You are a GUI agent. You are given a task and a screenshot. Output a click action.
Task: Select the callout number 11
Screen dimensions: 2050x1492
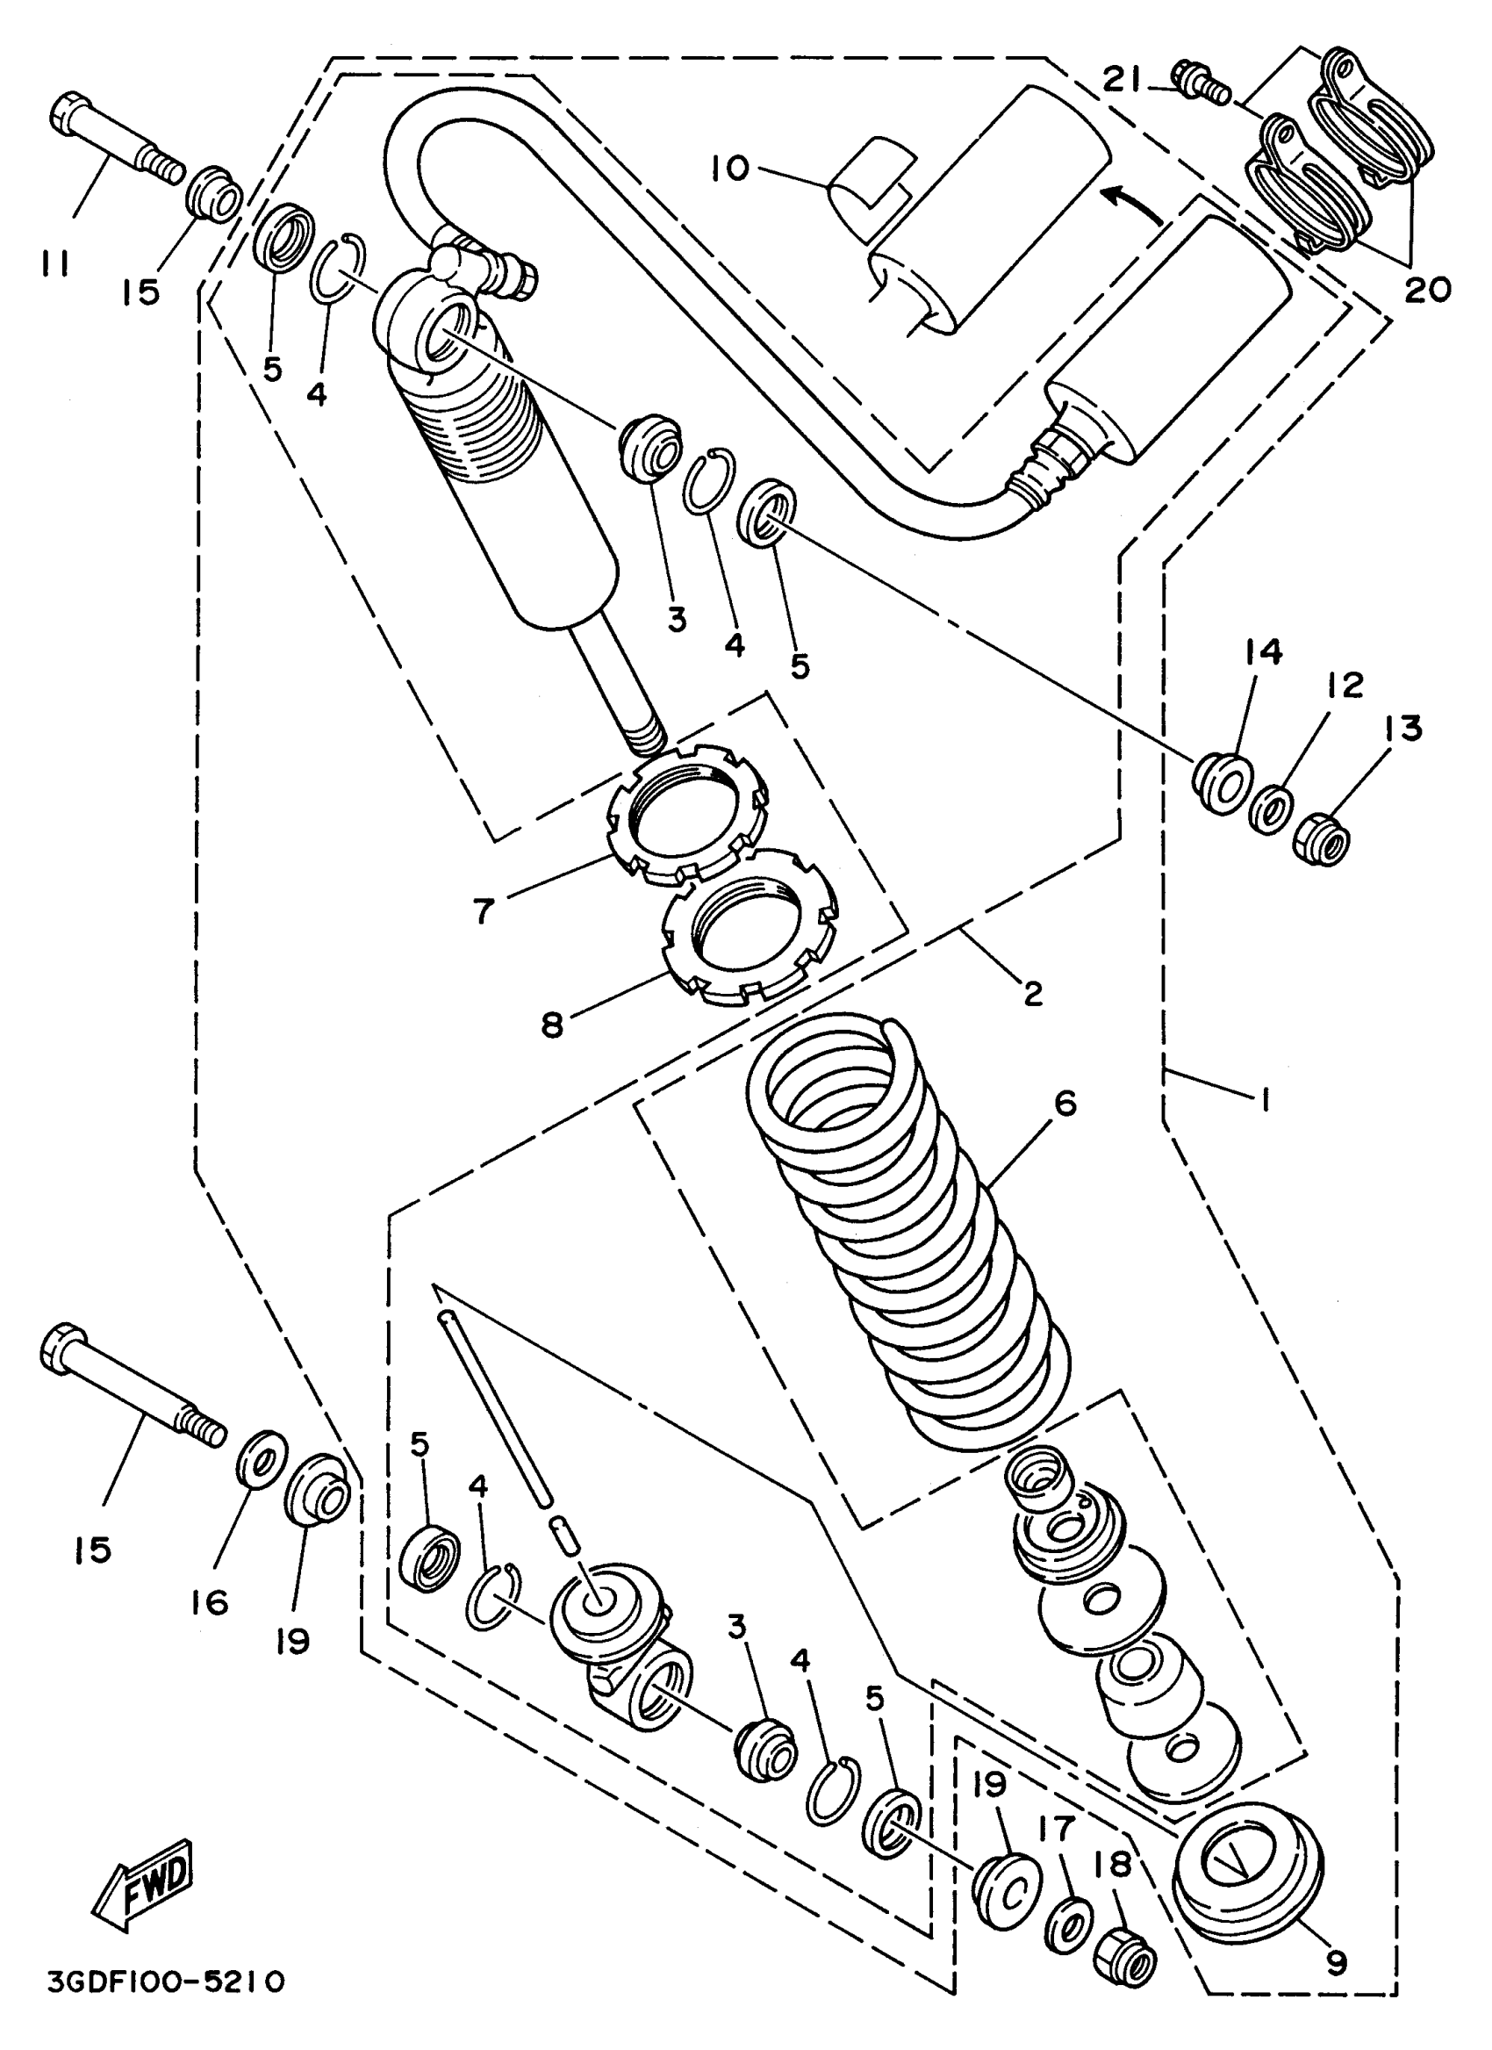(56, 263)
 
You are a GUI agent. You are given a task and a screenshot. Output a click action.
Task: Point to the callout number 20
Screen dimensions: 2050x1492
(1427, 288)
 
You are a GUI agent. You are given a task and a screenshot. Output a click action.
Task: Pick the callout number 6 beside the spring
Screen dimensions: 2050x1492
(1065, 1104)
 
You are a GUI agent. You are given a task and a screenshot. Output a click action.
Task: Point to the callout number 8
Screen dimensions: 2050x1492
(552, 1025)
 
